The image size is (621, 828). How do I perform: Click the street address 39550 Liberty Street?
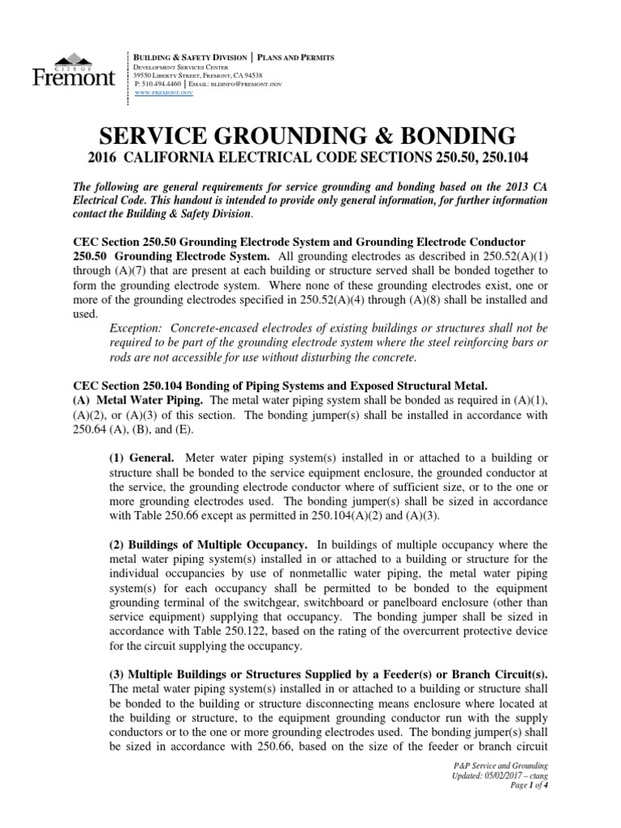[x=174, y=74]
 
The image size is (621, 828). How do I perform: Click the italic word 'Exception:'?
[x=139, y=328]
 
